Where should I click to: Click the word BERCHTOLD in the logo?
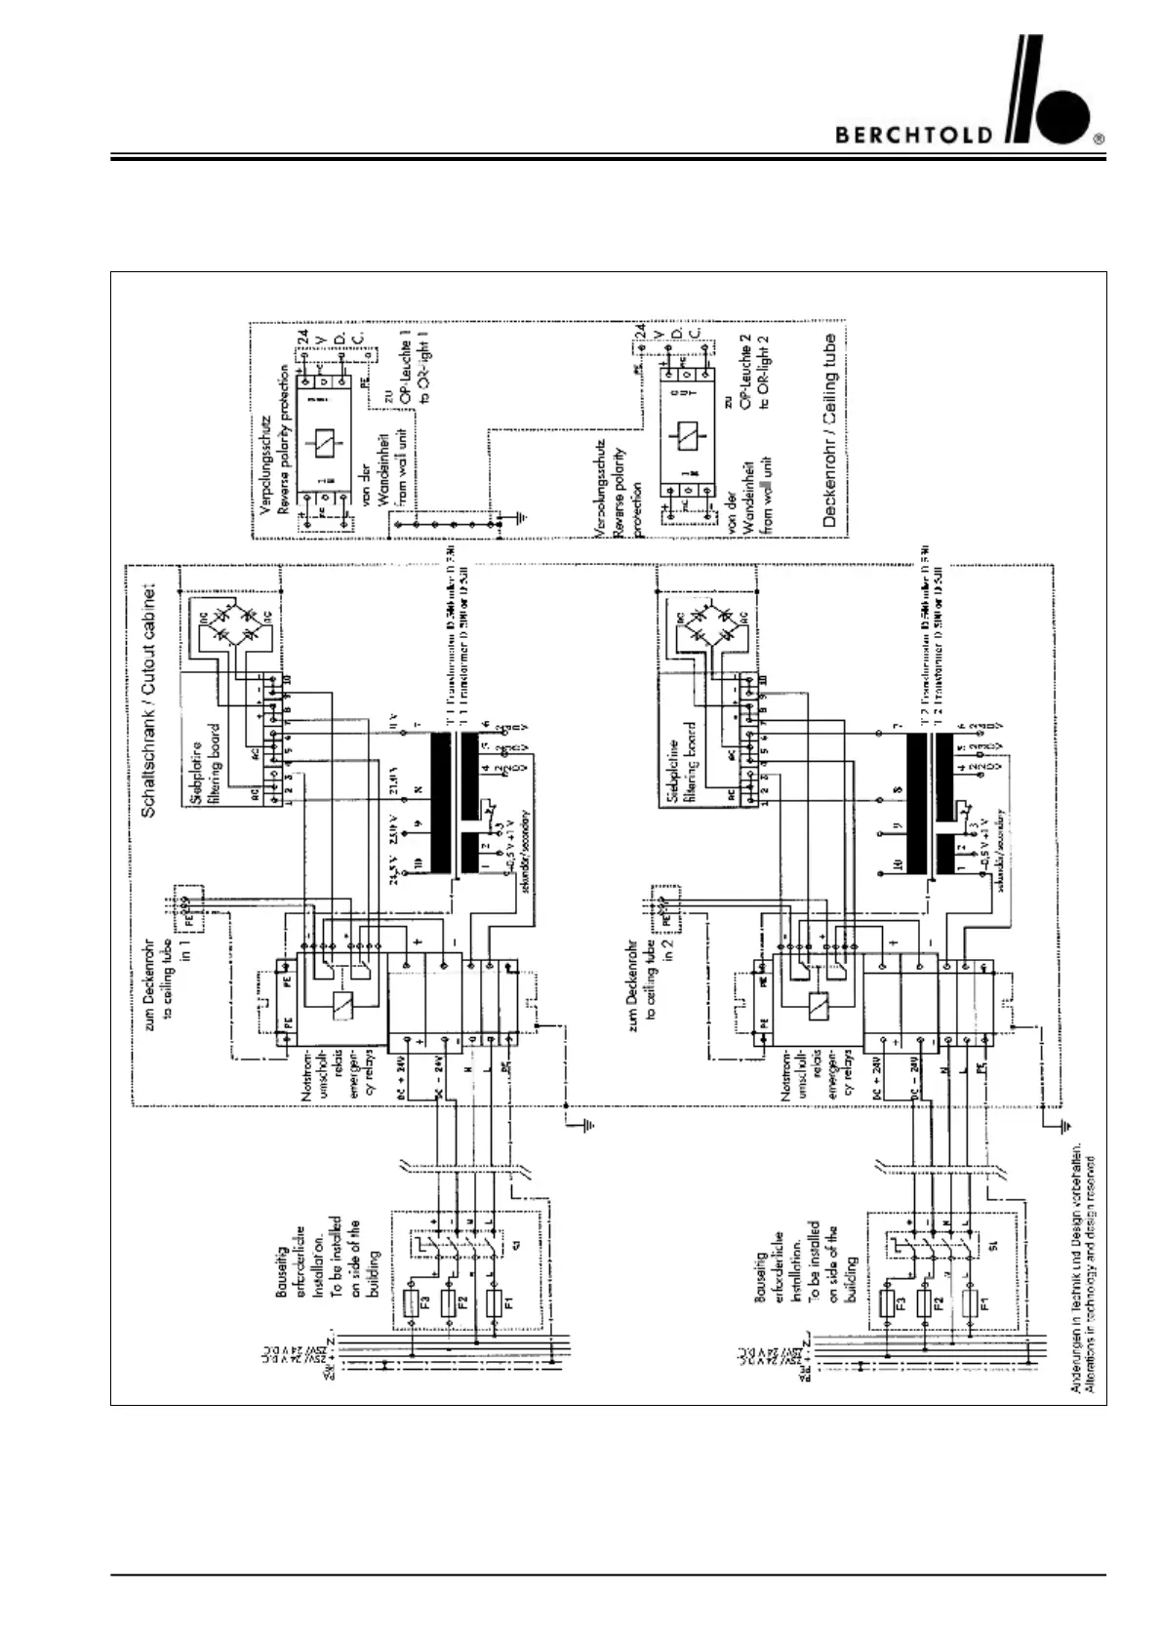click(x=914, y=135)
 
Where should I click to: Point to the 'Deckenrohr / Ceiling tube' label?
click(x=829, y=430)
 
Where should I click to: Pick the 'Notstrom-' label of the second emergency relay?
click(x=786, y=1075)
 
